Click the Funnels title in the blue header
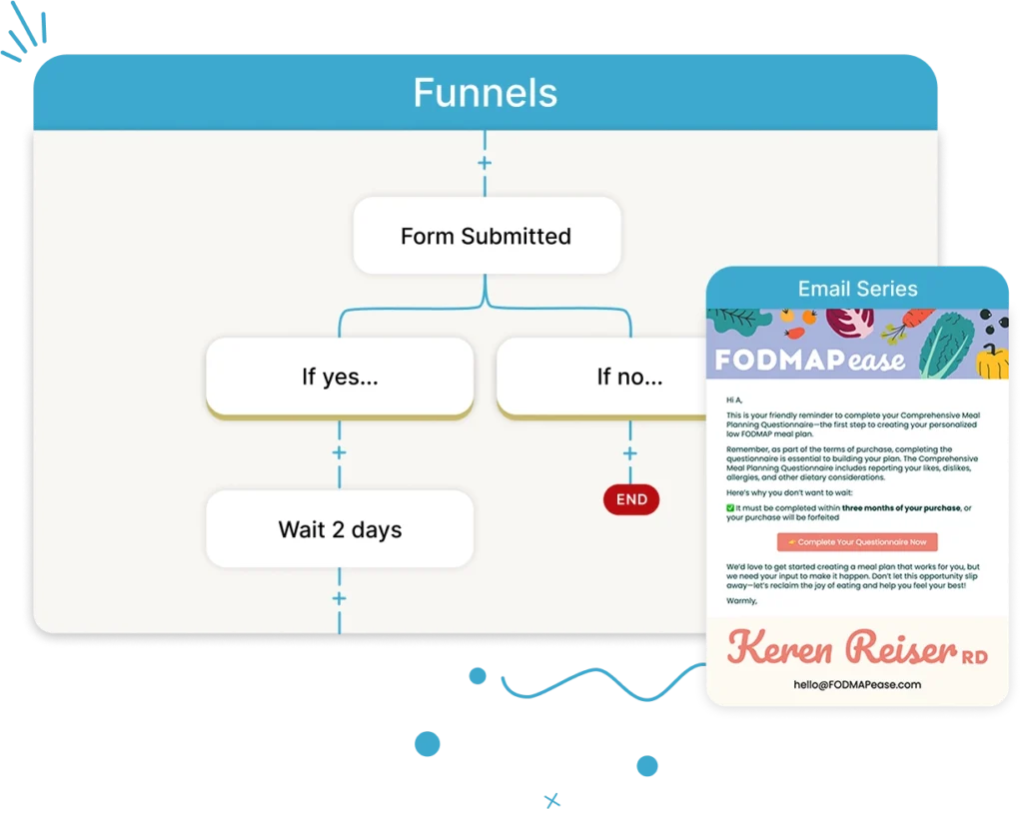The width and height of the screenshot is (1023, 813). (486, 93)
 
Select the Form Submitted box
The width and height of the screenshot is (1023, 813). (486, 237)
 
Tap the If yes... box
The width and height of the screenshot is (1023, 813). (340, 377)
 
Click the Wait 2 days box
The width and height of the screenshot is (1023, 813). (340, 529)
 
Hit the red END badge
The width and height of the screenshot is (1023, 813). (631, 499)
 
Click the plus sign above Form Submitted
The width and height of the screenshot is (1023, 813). (486, 162)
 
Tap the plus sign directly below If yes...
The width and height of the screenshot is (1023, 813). (340, 452)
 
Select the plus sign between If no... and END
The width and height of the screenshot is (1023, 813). (630, 453)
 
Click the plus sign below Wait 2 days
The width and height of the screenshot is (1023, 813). (340, 598)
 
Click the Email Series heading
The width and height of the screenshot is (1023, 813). (857, 289)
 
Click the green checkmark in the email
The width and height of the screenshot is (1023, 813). (730, 508)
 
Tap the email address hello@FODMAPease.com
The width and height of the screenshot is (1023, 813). (857, 684)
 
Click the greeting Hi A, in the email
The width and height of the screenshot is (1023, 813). (736, 400)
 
